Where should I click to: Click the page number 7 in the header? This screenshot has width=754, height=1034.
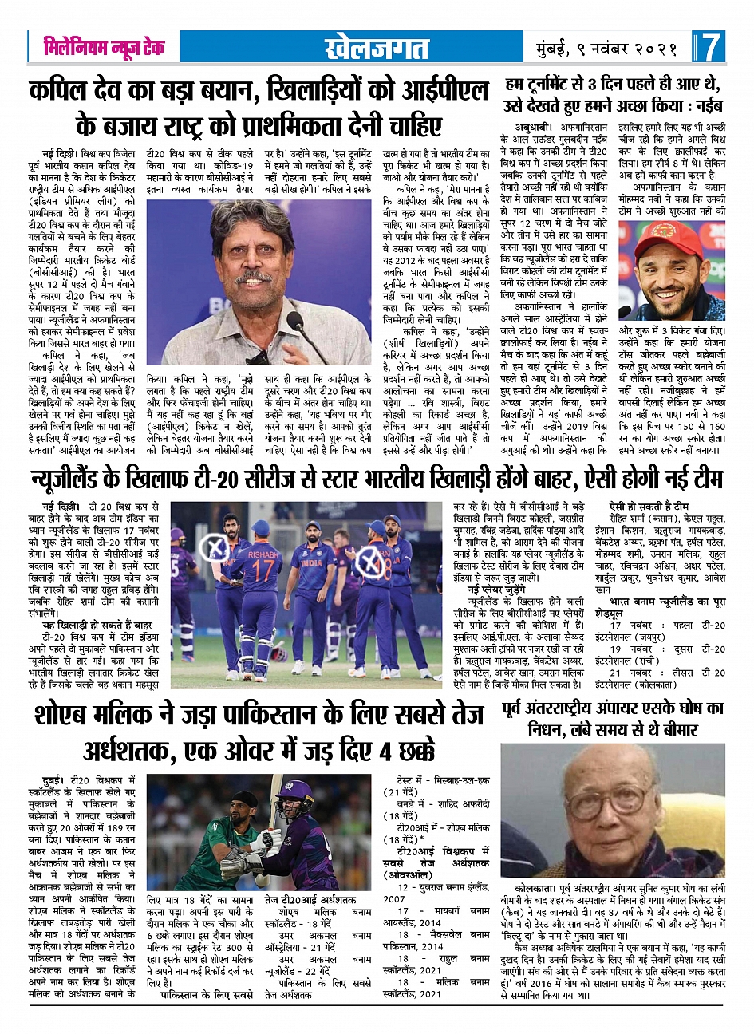click(x=711, y=48)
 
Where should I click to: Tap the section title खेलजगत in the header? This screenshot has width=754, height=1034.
click(x=377, y=49)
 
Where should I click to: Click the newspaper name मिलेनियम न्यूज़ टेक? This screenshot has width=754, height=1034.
click(x=104, y=48)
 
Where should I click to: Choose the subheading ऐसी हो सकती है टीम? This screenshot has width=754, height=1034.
click(x=648, y=506)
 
